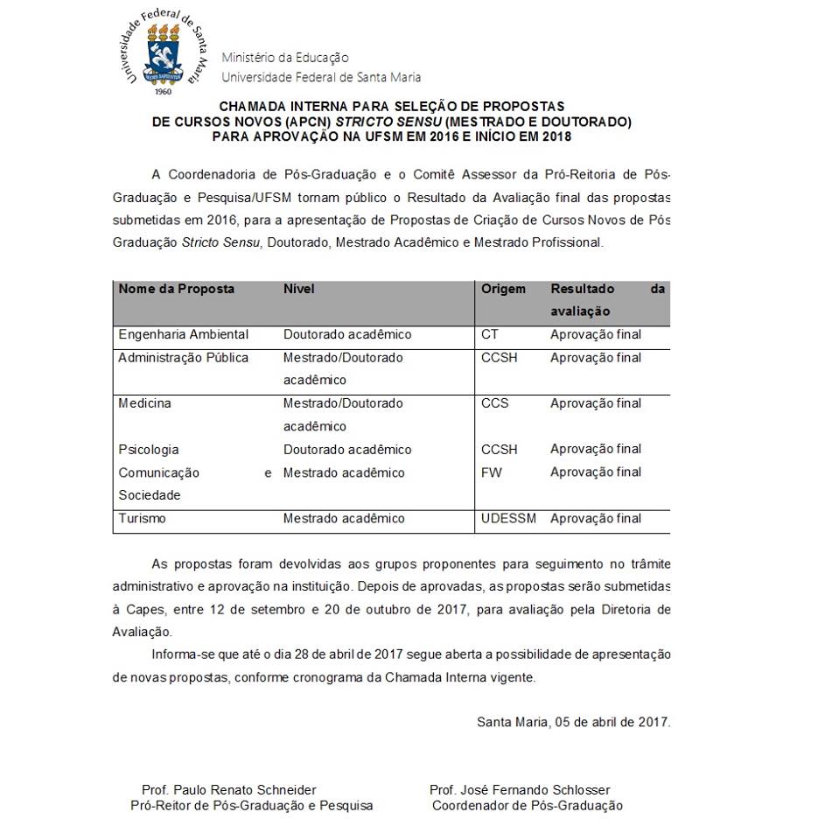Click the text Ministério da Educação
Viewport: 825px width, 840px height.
tap(285, 58)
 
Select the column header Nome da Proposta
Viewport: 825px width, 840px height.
tap(177, 289)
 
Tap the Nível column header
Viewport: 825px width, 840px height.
tap(299, 289)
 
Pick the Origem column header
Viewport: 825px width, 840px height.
tap(503, 289)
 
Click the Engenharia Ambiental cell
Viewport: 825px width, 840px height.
tap(184, 334)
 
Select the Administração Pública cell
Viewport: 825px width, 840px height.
tap(184, 357)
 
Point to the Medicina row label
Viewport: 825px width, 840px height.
tap(145, 403)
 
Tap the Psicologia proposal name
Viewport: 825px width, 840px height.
tap(149, 450)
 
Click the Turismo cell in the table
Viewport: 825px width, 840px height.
tap(143, 518)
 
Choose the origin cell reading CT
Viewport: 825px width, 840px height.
tap(490, 334)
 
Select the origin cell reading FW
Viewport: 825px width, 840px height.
tap(492, 472)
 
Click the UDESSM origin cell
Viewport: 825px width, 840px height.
tap(508, 518)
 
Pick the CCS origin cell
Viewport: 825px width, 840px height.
tap(494, 403)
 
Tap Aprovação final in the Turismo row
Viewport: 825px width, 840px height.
tap(596, 518)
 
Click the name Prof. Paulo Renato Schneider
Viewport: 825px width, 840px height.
tap(229, 789)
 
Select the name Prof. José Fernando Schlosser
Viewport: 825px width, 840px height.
tap(520, 789)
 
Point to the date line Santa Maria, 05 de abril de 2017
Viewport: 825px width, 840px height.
tap(573, 722)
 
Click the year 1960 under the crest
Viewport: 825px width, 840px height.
tap(163, 91)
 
